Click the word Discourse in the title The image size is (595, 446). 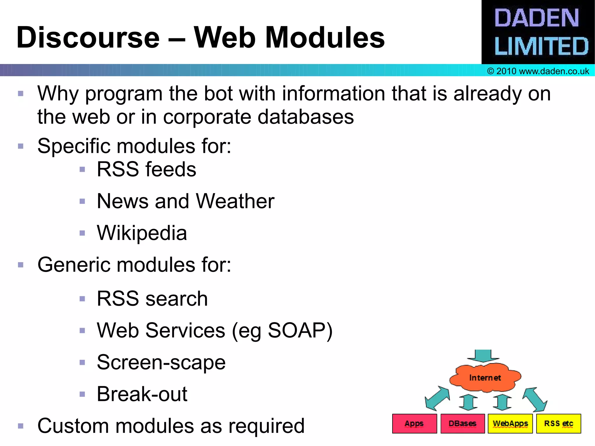click(x=88, y=38)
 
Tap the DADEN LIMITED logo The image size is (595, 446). click(x=538, y=32)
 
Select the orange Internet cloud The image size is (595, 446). click(x=485, y=377)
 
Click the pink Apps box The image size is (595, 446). click(x=414, y=424)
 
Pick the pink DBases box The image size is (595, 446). click(x=462, y=424)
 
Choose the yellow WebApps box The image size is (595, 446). click(x=510, y=424)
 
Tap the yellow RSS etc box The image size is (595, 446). click(x=558, y=424)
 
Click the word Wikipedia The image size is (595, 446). click(x=142, y=233)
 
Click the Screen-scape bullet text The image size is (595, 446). click(x=161, y=362)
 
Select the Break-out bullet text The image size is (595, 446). click(x=142, y=394)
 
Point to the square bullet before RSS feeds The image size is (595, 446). click(x=82, y=169)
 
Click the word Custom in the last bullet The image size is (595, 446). click(x=73, y=426)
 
